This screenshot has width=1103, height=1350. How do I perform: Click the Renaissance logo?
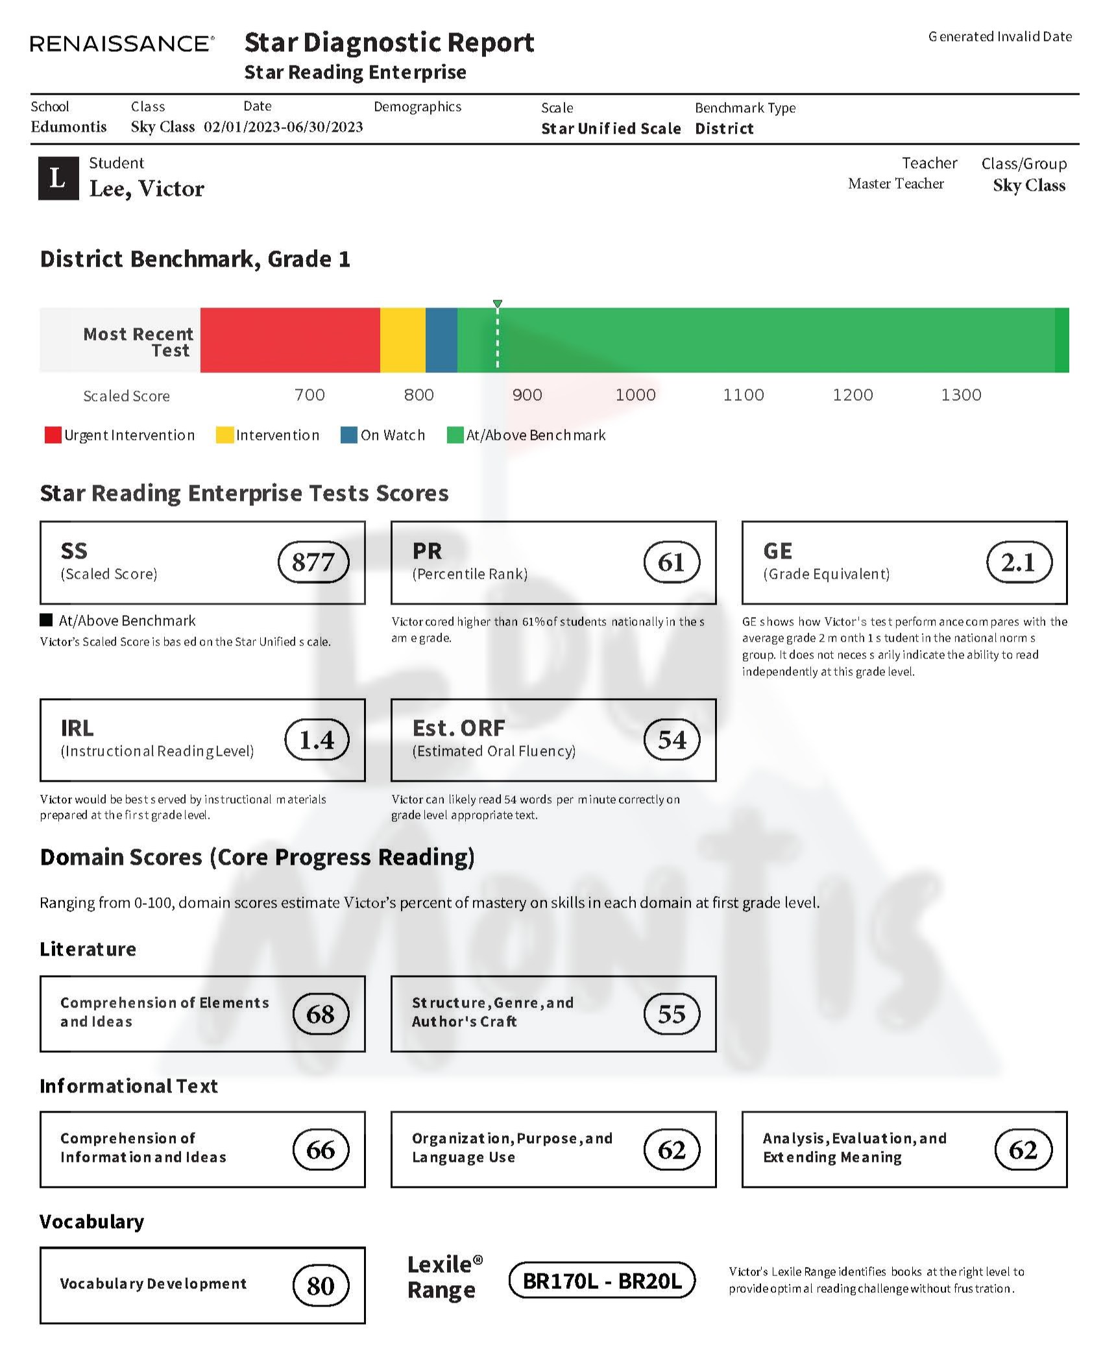122,44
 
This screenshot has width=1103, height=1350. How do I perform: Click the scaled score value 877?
313,562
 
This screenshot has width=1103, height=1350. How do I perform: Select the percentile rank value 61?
672,562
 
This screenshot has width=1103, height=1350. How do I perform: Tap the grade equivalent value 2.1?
1019,562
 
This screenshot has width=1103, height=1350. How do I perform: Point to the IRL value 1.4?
317,740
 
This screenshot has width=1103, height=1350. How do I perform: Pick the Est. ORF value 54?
672,740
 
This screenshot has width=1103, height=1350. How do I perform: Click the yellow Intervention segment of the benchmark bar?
402,340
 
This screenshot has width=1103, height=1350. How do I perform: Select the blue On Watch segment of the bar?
441,340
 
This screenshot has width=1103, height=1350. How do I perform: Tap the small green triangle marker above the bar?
498,304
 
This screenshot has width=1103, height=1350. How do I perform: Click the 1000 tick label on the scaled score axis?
635,394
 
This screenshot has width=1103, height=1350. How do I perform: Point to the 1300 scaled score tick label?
961,394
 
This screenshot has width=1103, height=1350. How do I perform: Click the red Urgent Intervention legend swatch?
53,435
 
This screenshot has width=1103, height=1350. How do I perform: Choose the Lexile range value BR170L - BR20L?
602,1281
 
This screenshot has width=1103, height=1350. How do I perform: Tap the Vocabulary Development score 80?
321,1285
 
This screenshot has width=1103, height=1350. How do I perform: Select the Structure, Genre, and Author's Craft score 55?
672,1014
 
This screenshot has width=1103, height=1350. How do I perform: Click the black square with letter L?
58,178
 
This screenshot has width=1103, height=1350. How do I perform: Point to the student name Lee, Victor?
147,188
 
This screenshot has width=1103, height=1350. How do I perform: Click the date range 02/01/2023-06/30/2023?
284,127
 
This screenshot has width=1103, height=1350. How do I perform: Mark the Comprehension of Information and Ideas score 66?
321,1150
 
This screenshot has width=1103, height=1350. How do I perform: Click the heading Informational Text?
128,1086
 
